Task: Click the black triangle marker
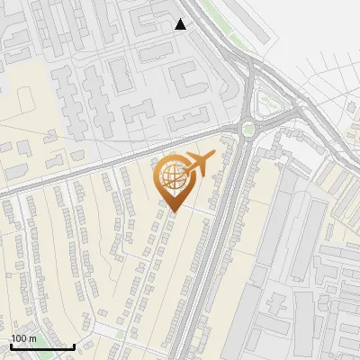point(181,24)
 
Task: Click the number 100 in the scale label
point(20,338)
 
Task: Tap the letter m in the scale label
point(33,338)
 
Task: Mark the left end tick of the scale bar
point(11,345)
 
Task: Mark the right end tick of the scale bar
point(74,345)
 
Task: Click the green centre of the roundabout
point(247,129)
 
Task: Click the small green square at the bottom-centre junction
point(120,334)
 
